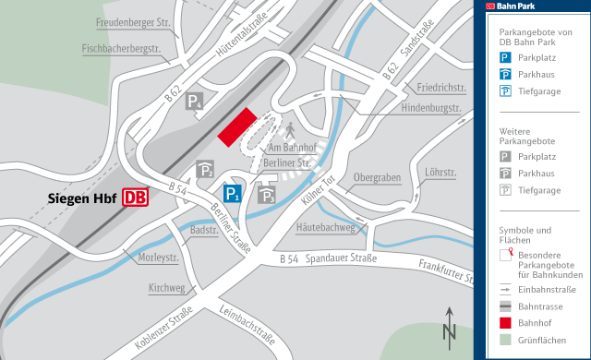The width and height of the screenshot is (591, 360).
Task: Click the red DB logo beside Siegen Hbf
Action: pos(134,198)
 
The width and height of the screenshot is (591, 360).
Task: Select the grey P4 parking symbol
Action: pos(195,102)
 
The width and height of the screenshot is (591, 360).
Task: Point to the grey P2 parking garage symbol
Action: pos(206,170)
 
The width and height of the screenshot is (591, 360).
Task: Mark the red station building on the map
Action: pos(236,126)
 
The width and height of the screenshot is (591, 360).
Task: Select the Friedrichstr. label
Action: pos(440,88)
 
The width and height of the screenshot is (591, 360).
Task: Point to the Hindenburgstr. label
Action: pos(430,108)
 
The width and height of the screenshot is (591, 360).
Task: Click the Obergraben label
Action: pos(377,177)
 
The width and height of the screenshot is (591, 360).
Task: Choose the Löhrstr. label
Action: pos(441,172)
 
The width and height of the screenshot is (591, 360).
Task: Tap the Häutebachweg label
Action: pos(325,226)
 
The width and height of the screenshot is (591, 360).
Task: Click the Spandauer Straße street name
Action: pos(342,259)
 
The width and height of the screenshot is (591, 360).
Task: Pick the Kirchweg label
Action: pos(167,288)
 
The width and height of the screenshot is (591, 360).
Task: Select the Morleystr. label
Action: pos(157,257)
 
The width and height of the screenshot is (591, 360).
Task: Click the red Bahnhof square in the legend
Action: pos(506,323)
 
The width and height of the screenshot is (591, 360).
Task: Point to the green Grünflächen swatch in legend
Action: pos(506,341)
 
